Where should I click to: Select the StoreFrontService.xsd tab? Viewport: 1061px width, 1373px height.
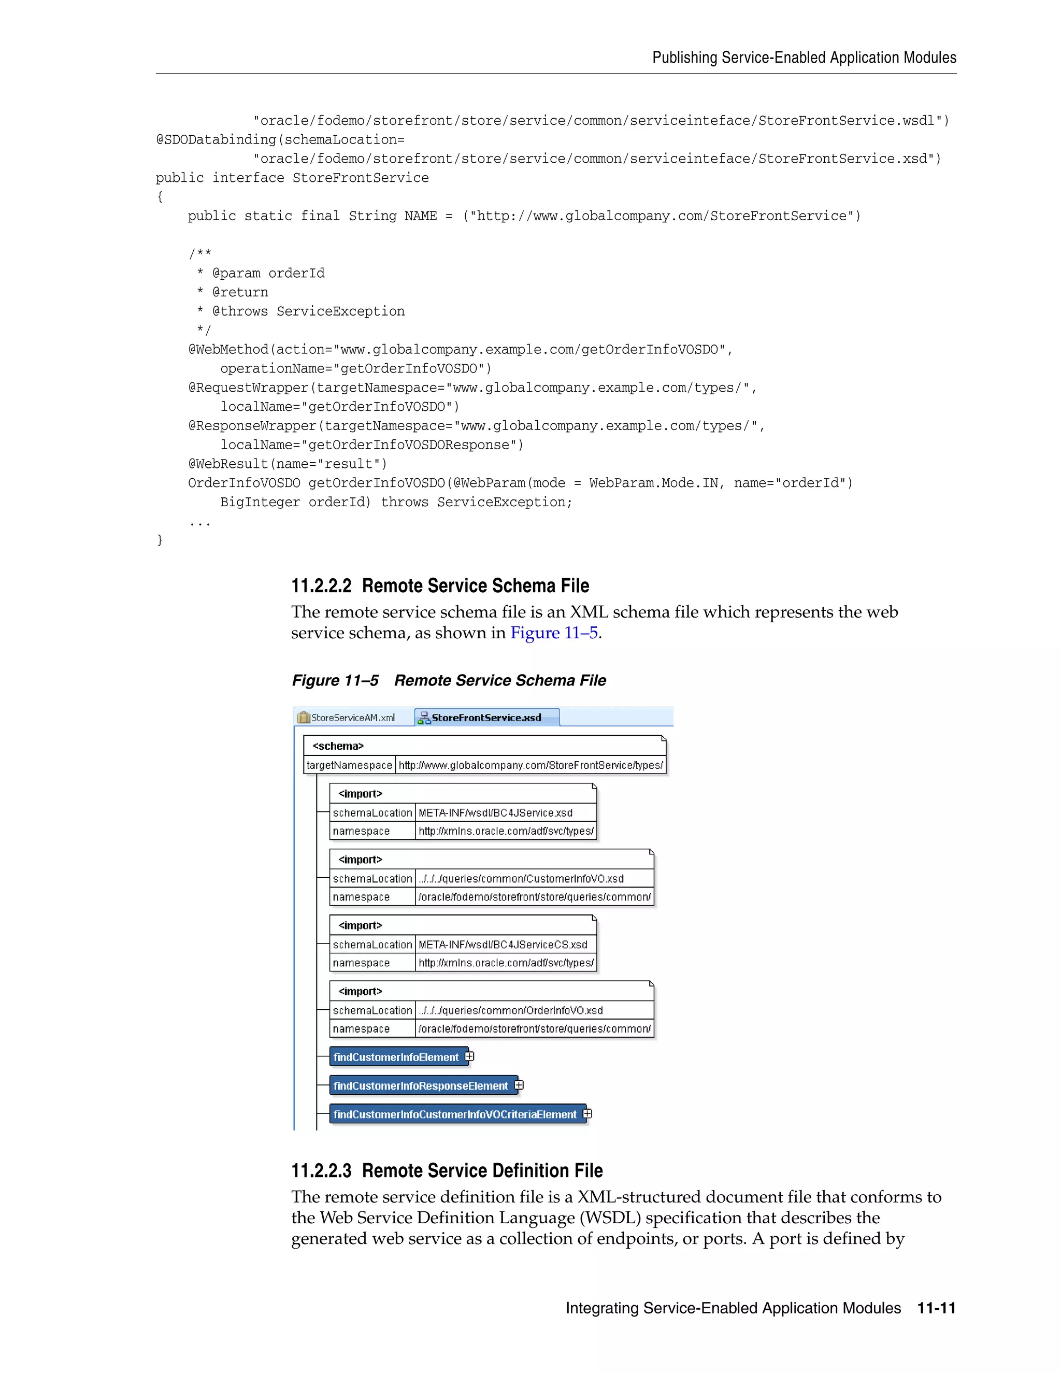click(x=486, y=717)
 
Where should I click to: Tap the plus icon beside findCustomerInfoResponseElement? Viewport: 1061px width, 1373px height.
click(x=519, y=1084)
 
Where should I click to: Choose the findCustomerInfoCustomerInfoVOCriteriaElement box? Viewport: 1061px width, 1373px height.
click(x=454, y=1114)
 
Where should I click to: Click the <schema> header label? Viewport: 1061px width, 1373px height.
click(x=338, y=746)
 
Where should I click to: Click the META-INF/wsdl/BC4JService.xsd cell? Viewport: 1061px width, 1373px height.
click(x=496, y=812)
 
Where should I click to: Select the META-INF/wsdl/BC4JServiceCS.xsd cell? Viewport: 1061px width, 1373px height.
click(x=503, y=944)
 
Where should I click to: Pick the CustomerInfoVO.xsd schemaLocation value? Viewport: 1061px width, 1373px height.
click(x=521, y=878)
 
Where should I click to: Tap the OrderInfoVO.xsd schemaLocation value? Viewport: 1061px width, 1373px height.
click(x=510, y=1010)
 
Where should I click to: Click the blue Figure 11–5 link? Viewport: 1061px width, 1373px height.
click(x=554, y=633)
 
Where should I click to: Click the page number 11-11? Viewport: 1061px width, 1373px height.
click(x=936, y=1308)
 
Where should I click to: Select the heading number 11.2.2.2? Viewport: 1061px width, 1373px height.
click(x=321, y=586)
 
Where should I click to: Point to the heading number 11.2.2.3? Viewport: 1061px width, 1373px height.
click(x=321, y=1170)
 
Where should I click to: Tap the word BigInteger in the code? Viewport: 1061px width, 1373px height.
click(x=260, y=502)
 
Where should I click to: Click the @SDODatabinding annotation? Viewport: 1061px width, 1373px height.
click(x=216, y=139)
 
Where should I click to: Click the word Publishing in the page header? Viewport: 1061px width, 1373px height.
click(x=684, y=58)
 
